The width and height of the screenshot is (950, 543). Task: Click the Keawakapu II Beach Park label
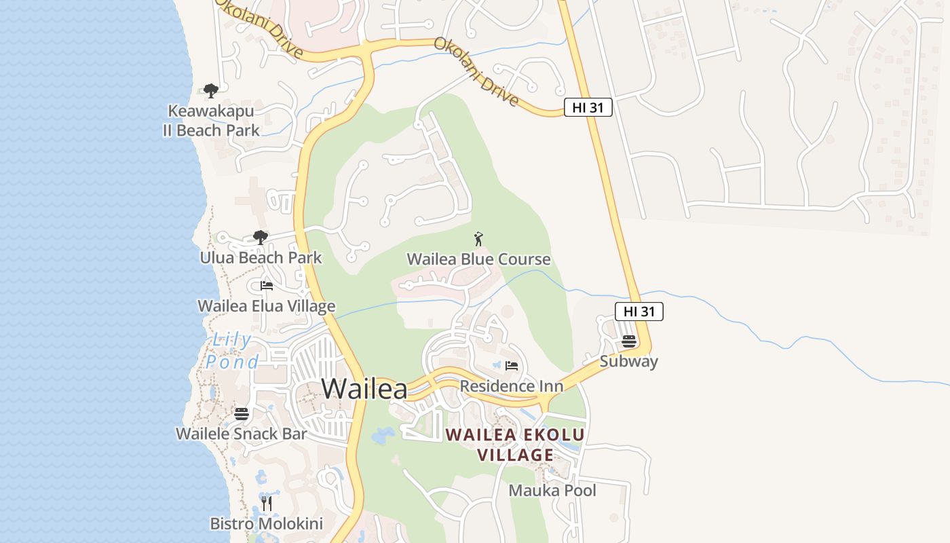click(211, 120)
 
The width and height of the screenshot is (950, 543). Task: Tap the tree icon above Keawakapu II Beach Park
click(211, 90)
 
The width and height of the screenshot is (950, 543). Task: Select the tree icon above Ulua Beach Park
click(260, 237)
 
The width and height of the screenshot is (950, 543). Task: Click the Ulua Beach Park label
click(261, 258)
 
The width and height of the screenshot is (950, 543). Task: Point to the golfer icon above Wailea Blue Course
click(478, 239)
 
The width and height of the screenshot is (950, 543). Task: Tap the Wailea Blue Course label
click(478, 259)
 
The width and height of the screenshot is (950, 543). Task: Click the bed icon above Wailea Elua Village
click(267, 286)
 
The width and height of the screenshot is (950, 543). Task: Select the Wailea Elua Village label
click(266, 306)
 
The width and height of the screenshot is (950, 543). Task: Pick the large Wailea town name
click(364, 389)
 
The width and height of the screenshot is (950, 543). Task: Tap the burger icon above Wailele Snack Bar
click(242, 413)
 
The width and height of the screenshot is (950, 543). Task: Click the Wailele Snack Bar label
click(242, 434)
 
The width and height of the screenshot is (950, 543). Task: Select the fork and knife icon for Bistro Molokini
click(267, 503)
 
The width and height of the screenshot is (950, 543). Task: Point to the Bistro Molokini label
click(266, 524)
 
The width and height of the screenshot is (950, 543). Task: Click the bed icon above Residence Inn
click(512, 366)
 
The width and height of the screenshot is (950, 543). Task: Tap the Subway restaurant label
click(628, 361)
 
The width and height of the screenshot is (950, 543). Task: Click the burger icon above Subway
click(629, 341)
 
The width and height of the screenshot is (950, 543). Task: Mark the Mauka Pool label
click(552, 490)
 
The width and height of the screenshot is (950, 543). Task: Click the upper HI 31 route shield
click(588, 107)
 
